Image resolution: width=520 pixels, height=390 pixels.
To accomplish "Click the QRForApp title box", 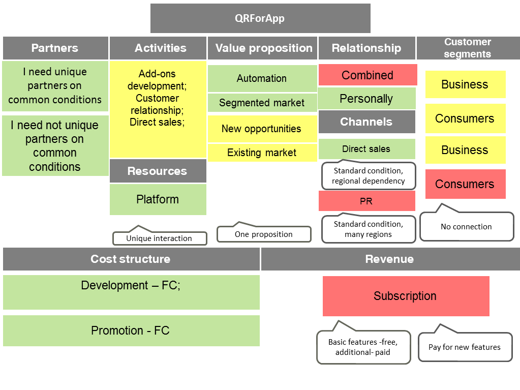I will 260,18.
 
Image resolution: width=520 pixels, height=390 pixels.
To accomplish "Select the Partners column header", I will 55,48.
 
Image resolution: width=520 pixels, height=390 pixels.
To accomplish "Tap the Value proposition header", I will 262,48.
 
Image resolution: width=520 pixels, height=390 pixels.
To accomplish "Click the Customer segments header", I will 468,48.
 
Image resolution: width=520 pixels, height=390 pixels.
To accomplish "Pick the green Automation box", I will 262,78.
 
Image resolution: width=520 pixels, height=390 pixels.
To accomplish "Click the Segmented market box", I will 262,103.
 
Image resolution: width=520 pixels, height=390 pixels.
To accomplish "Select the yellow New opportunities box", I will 262,129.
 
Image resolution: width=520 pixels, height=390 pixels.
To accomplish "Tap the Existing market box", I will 262,153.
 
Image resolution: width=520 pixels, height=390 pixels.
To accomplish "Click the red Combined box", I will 368,75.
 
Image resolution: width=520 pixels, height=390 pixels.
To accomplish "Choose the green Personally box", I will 366,99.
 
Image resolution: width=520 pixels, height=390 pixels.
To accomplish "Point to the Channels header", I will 366,122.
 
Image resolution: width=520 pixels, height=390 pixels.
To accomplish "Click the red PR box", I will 366,201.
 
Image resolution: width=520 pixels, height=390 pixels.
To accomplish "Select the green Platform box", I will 158,199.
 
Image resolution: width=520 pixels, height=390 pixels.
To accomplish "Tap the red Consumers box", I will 465,184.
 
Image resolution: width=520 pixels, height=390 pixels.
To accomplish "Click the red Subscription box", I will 406,296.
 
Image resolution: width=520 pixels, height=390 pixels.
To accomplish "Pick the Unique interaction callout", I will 159,238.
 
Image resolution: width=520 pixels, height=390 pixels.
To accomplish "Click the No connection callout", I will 466,227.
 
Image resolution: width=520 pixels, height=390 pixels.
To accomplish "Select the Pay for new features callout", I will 465,347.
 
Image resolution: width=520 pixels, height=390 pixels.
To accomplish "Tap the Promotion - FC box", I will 131,331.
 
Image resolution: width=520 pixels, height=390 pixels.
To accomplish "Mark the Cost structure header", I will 131,259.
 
